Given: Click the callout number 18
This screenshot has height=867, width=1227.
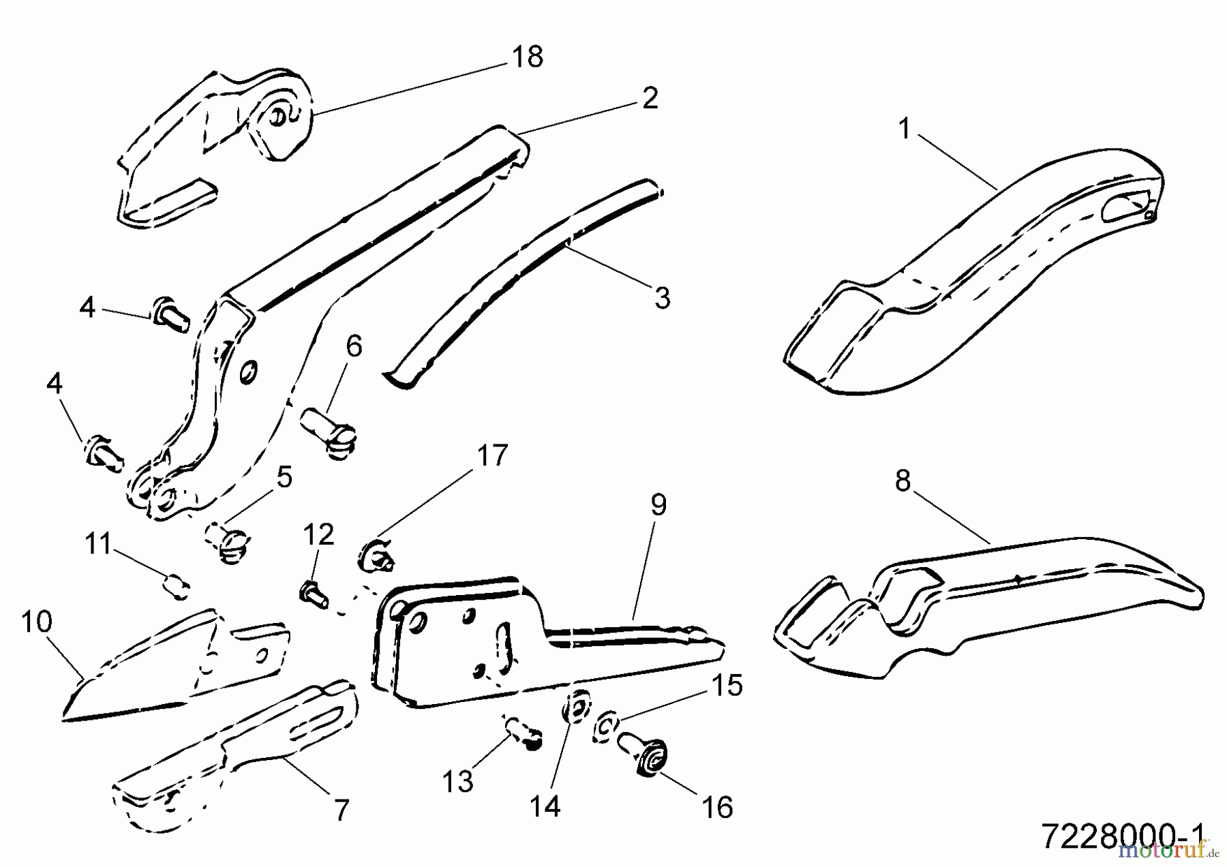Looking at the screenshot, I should pos(528,57).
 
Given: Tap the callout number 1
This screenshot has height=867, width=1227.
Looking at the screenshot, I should pos(905,129).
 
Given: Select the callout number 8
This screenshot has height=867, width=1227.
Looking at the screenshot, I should pos(903,481).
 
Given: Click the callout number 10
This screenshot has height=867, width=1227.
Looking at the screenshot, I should pos(36,622).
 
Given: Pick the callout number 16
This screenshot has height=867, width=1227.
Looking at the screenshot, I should pos(716,808).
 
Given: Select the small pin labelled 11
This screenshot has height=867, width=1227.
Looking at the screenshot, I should pos(177,587).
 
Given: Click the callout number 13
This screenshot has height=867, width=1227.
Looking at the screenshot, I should pos(457,782).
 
